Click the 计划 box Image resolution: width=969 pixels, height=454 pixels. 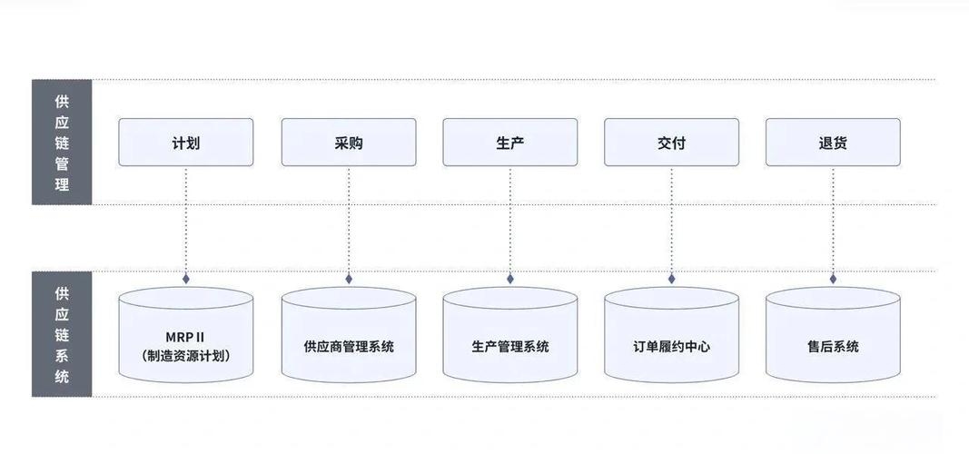186,143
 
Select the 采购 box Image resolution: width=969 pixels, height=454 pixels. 349,143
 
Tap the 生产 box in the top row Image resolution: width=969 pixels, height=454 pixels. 510,143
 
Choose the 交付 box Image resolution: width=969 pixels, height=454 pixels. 671,143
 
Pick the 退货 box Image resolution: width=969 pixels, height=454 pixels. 833,143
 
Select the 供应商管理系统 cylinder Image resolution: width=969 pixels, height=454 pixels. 349,346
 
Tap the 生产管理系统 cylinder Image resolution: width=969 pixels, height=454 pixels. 510,346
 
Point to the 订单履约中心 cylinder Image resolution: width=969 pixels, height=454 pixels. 671,346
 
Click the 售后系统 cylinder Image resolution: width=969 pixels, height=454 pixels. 833,346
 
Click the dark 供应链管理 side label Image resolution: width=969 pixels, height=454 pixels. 62,143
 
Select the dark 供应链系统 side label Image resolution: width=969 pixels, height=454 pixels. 62,334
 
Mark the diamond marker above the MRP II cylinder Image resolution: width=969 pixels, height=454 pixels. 186,279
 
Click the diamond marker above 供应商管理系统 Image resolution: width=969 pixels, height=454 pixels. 349,279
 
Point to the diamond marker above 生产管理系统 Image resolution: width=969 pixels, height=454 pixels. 510,279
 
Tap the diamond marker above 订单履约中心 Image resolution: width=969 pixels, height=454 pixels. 672,279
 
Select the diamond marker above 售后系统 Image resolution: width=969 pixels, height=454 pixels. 833,279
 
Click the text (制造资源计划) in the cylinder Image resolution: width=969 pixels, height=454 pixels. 186,356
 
